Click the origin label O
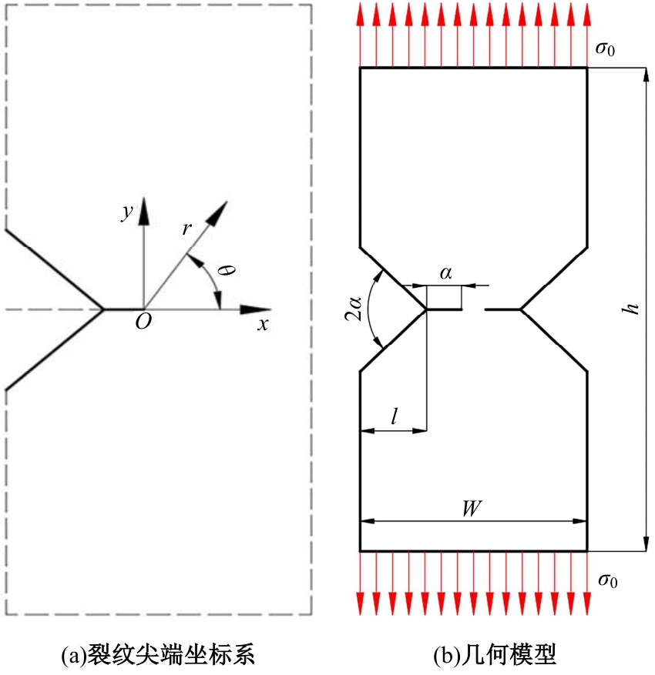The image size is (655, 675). pos(143,321)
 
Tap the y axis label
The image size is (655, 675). pos(127,212)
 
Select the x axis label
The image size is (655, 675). pos(263,325)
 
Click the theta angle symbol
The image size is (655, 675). pos(227,270)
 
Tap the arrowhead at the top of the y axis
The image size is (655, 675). pos(143,212)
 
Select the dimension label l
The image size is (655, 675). pos(394,416)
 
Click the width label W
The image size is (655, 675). pos(472,509)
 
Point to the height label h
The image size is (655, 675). pos(632,309)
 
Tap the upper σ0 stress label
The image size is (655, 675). pos(605,48)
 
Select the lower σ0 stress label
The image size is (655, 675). pos(607,580)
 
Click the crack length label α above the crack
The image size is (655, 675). pos(446,273)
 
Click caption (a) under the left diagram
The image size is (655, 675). pos(158,654)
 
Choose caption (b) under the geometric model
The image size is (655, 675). pos(495,654)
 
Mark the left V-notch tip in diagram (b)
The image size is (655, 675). pos(426,309)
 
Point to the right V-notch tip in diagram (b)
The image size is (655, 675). pos(521,309)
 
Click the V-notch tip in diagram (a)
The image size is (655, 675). pos(103,309)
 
